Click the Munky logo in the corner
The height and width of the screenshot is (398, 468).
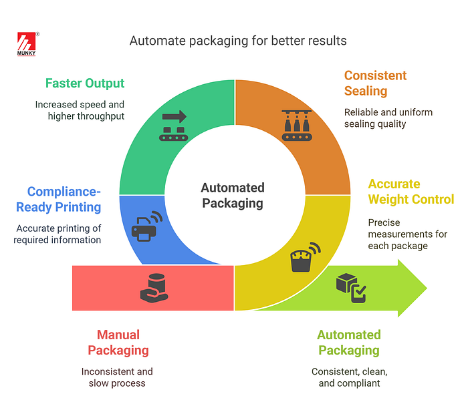[28, 44]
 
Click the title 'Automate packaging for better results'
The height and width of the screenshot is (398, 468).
[238, 41]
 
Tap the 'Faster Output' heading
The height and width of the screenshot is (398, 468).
[85, 83]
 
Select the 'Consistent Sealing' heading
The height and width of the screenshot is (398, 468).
[375, 83]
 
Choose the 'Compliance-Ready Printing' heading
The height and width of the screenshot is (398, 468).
[60, 200]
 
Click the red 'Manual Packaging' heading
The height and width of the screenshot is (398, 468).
[118, 343]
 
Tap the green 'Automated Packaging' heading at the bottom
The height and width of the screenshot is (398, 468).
[349, 343]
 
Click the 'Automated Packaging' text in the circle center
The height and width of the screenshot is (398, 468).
[233, 196]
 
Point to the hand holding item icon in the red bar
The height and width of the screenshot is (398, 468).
[153, 285]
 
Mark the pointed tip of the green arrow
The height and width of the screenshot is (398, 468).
[425, 288]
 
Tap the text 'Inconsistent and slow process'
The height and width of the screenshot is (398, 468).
[117, 377]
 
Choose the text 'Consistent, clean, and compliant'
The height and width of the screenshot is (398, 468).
[349, 377]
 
